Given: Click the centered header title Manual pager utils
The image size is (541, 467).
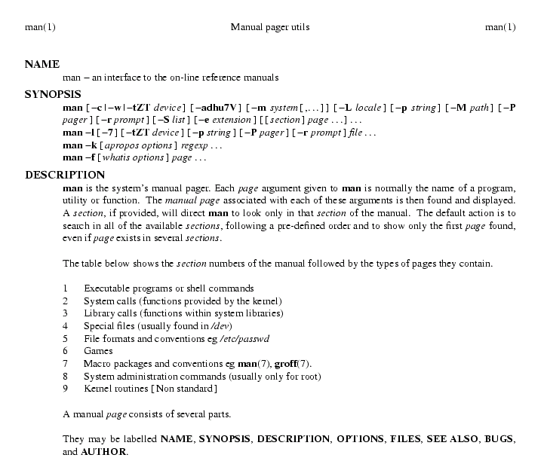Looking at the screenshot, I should pos(270,28).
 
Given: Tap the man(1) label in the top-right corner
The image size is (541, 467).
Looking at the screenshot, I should pos(500,28).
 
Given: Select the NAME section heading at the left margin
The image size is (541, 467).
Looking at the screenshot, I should pos(42,65).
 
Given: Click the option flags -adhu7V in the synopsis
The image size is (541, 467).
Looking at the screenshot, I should pos(218,108).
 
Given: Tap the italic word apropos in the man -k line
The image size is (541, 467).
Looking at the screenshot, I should pos(113,145).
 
